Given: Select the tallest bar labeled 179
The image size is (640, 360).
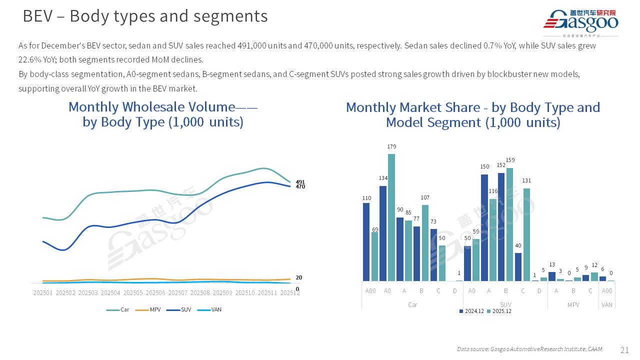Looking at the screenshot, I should pyautogui.click(x=391, y=217).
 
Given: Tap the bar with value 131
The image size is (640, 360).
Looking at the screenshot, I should pyautogui.click(x=526, y=234).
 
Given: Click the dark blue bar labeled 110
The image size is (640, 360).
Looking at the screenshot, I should pyautogui.click(x=366, y=241).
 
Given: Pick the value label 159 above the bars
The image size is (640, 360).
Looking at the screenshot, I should pyautogui.click(x=510, y=160).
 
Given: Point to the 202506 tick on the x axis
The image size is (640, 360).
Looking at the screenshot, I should pyautogui.click(x=155, y=293).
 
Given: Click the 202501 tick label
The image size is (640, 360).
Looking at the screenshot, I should pyautogui.click(x=43, y=293).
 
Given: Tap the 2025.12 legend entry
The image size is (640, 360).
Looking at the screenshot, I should pyautogui.click(x=500, y=311).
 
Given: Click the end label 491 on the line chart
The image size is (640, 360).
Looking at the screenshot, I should pyautogui.click(x=300, y=182).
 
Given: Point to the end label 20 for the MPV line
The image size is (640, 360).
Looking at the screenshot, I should pyautogui.click(x=298, y=277).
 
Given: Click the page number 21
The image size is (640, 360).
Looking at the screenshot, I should pyautogui.click(x=624, y=350).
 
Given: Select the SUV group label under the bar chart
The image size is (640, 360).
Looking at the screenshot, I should pyautogui.click(x=505, y=304).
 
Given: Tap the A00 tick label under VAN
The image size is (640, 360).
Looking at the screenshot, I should pyautogui.click(x=606, y=291).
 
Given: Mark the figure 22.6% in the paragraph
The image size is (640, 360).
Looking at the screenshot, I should pyautogui.click(x=28, y=59).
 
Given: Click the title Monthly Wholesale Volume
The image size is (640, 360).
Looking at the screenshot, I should pyautogui.click(x=163, y=107).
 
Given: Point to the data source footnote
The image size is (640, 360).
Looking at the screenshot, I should pyautogui.click(x=529, y=349).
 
